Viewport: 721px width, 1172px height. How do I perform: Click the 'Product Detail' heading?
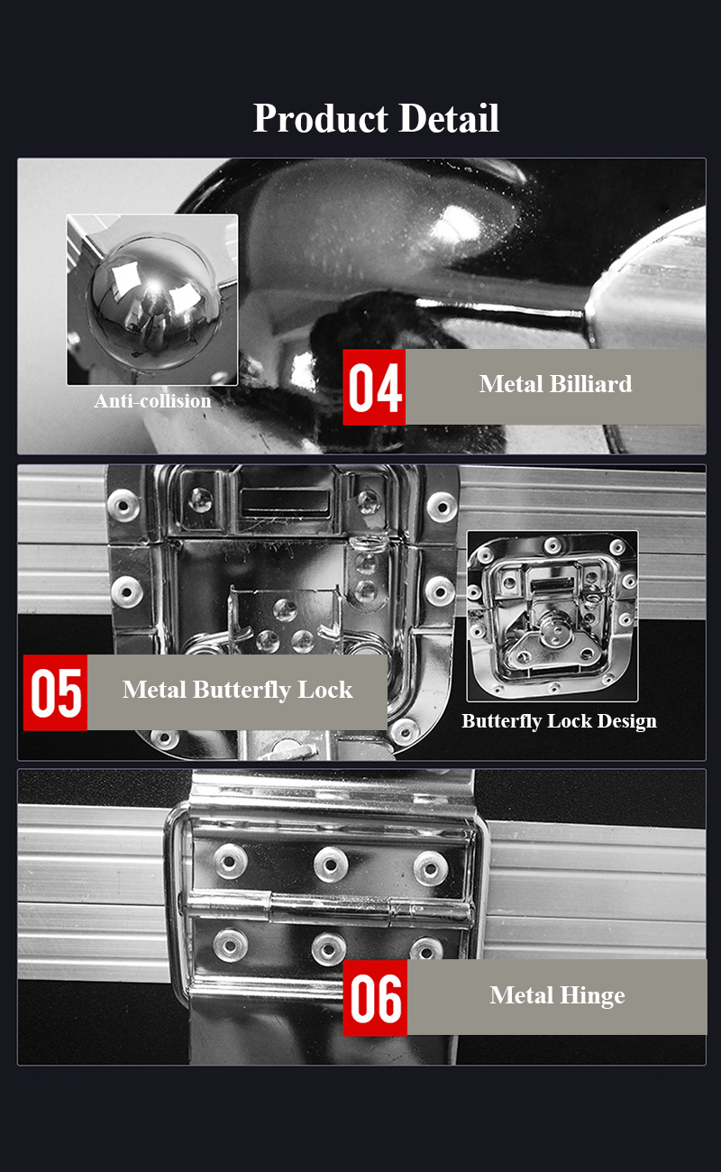coord(376,118)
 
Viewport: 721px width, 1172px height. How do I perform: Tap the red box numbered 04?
coord(374,387)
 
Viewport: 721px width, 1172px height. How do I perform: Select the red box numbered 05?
coord(56,692)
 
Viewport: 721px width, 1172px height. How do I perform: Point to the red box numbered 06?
coord(375,997)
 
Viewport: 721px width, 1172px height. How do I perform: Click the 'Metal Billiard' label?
coord(556,384)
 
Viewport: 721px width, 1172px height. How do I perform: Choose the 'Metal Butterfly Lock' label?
coord(238,690)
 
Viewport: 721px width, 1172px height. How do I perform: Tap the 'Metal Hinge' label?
coord(557,995)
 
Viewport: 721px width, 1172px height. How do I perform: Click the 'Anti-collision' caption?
coord(153,401)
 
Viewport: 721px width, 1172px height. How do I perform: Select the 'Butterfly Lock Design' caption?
coord(559,721)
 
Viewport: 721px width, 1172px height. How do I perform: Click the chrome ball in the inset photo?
coord(153,304)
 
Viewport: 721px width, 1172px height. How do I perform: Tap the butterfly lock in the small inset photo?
coord(552,617)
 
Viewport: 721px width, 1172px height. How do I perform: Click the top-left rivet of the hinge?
coord(230,861)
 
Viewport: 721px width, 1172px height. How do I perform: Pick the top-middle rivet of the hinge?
coord(330,865)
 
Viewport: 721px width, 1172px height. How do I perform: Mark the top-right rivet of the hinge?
coord(430,868)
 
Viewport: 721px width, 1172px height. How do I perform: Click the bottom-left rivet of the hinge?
coord(230,946)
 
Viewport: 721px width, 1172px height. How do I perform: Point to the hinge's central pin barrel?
coord(331,908)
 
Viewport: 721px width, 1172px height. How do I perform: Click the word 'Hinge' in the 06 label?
coord(592,995)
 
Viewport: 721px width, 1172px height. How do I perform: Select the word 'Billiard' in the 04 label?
coord(590,384)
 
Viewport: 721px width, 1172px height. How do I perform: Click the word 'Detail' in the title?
coord(449,118)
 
